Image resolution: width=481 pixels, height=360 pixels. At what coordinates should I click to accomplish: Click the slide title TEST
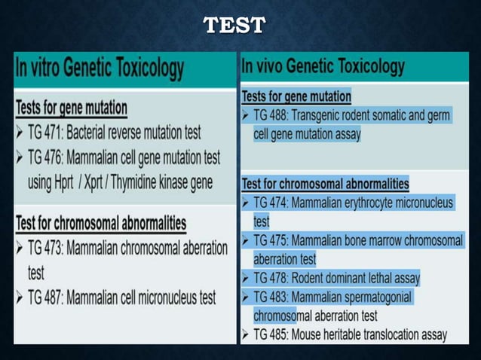pyautogui.click(x=234, y=26)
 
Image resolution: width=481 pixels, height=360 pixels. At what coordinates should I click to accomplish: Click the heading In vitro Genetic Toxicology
pyautogui.click(x=100, y=69)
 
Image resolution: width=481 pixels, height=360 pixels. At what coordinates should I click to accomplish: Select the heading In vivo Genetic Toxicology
pyautogui.click(x=323, y=66)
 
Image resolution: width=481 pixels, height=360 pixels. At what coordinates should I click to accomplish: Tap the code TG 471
pyautogui.click(x=45, y=133)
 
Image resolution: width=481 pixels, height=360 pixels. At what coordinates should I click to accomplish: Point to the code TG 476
pyautogui.click(x=45, y=157)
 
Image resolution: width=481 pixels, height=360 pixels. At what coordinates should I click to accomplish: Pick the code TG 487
pyautogui.click(x=45, y=298)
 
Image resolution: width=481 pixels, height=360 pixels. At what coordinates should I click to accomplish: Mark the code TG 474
pyautogui.click(x=271, y=203)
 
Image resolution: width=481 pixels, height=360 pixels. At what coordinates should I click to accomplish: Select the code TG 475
pyautogui.click(x=271, y=241)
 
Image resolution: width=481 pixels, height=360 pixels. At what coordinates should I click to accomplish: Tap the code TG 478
pyautogui.click(x=271, y=279)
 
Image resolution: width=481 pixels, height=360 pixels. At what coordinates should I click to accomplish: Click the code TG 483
pyautogui.click(x=271, y=297)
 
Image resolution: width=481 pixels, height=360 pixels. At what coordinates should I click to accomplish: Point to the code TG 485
pyautogui.click(x=271, y=334)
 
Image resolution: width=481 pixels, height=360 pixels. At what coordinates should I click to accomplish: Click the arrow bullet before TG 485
pyautogui.click(x=246, y=334)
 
